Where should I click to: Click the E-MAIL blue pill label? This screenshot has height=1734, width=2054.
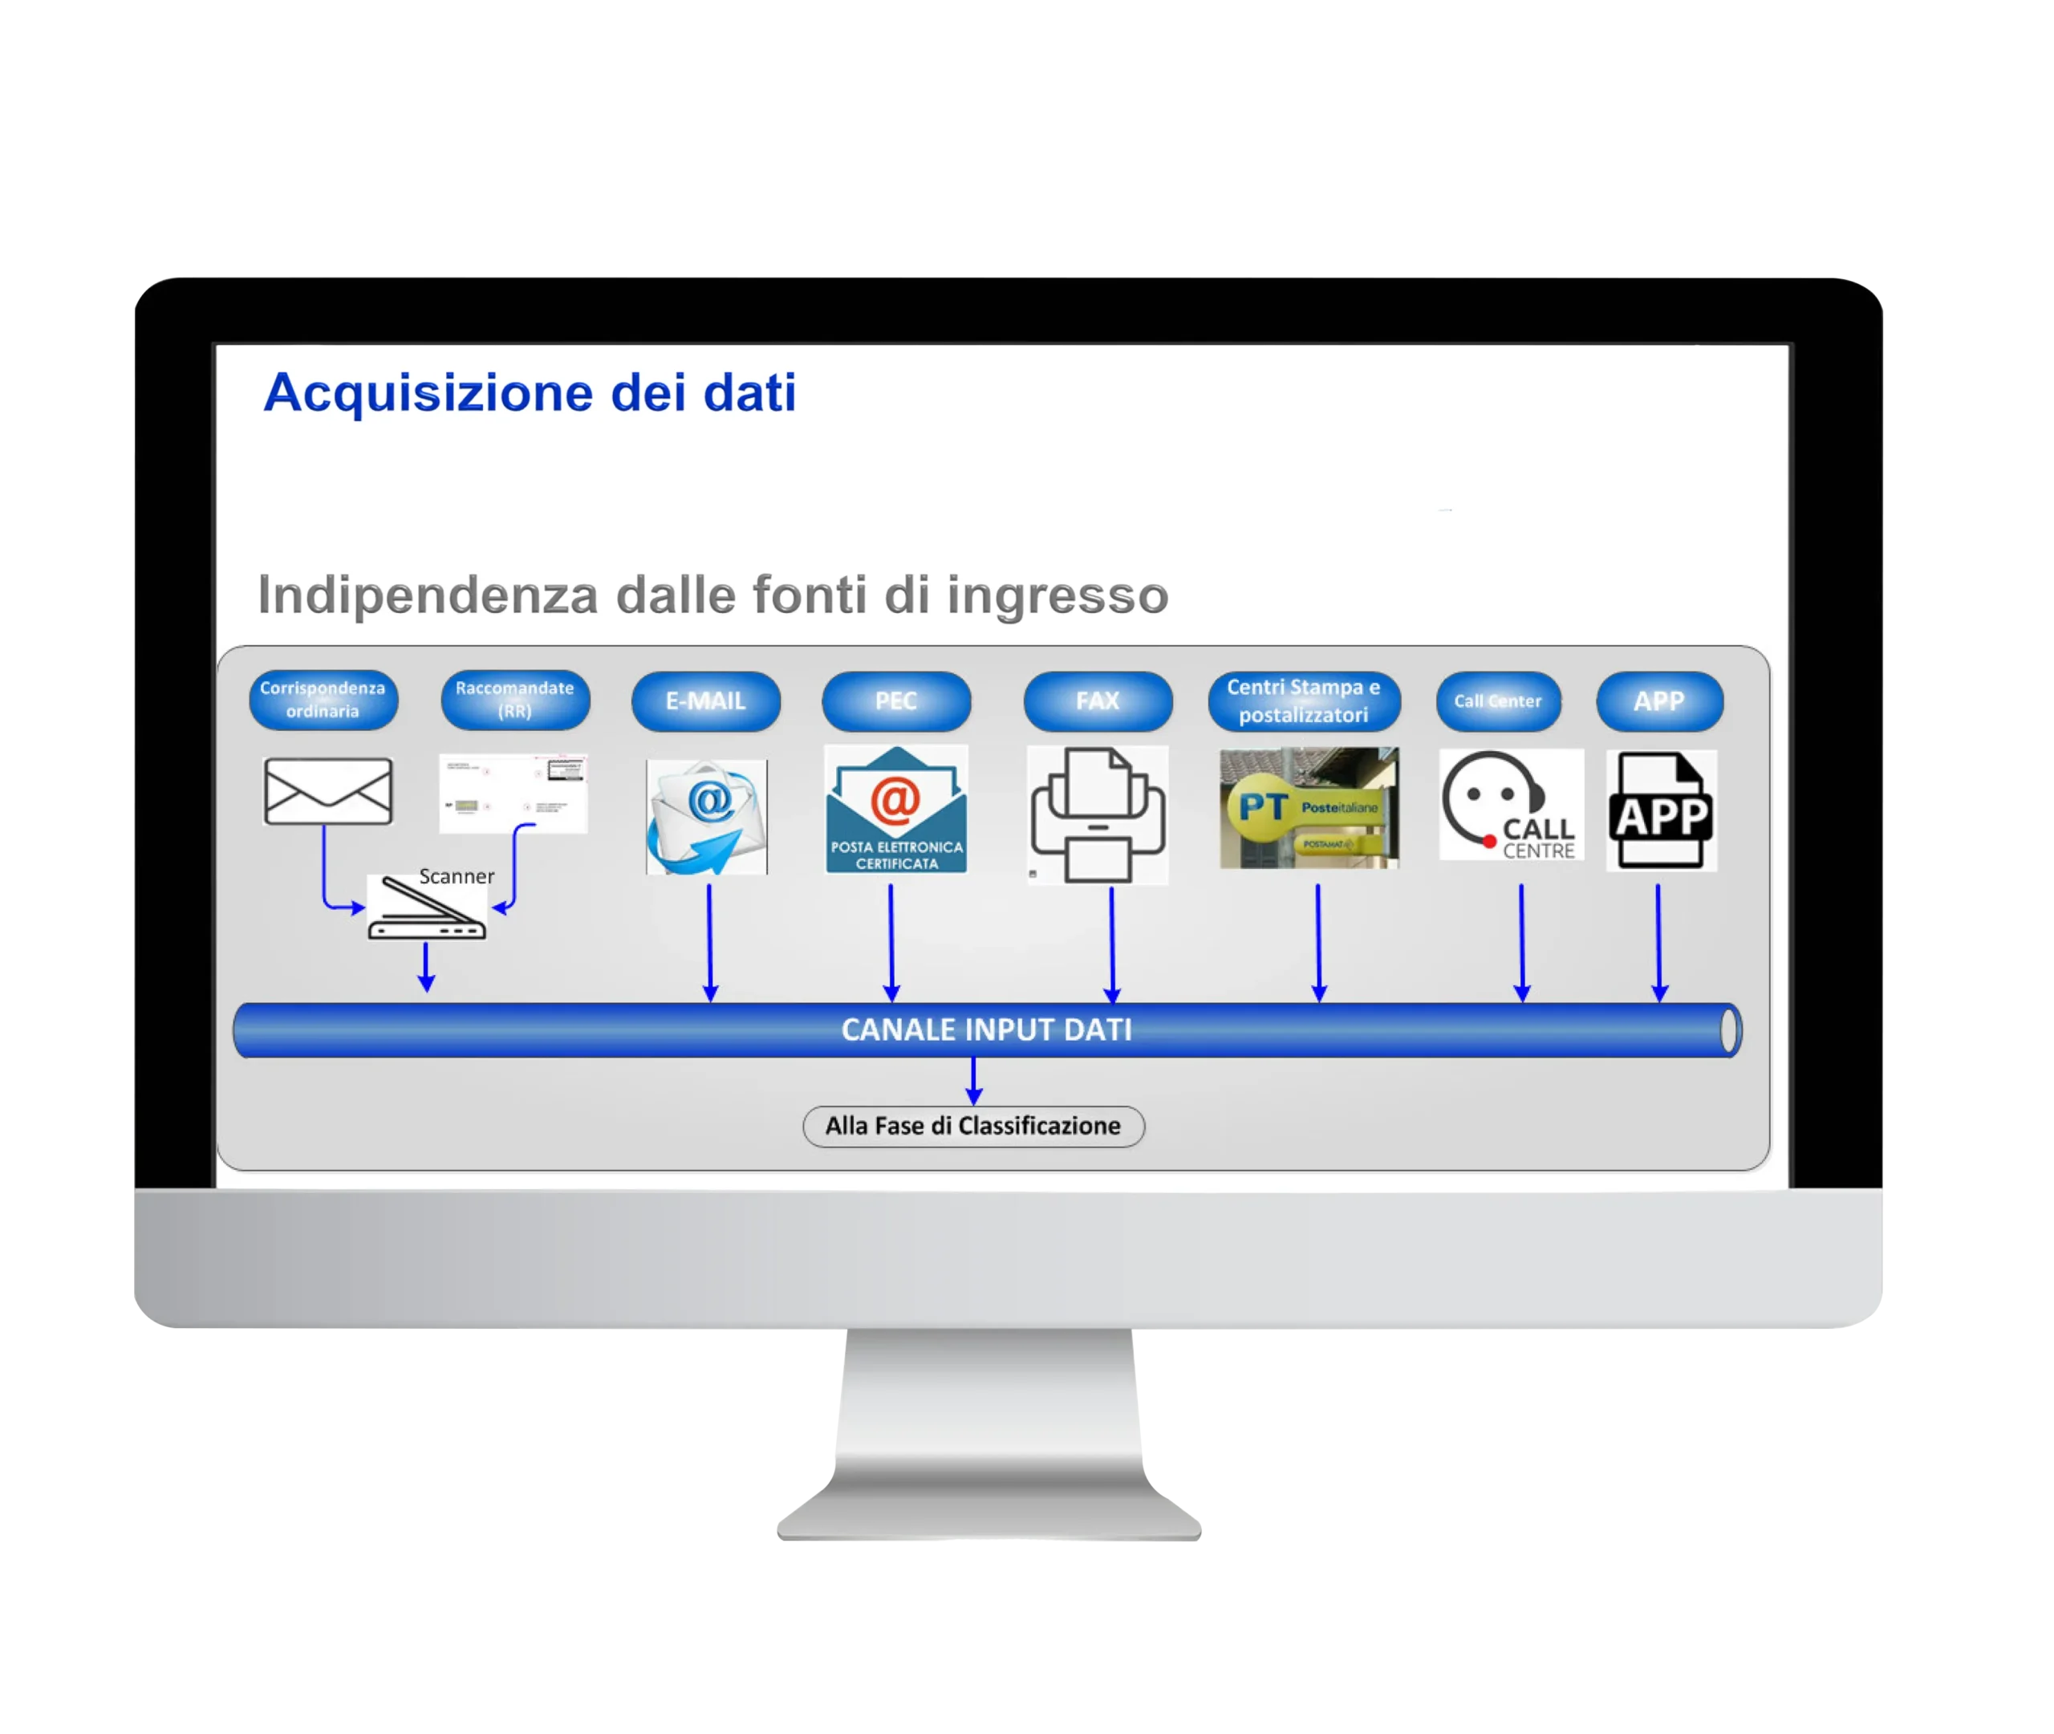pyautogui.click(x=705, y=701)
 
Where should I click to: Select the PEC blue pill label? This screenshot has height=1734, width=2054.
pyautogui.click(x=896, y=701)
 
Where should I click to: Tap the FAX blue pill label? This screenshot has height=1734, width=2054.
pyautogui.click(x=1098, y=701)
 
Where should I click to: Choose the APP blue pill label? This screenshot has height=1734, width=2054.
pyautogui.click(x=1659, y=701)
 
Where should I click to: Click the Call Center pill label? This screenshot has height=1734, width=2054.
pyautogui.click(x=1498, y=701)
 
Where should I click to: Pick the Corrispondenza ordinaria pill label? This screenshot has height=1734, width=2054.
pyautogui.click(x=323, y=700)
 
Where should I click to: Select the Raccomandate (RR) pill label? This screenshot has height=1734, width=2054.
pyautogui.click(x=515, y=699)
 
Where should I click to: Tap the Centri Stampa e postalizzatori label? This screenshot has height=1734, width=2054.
pyautogui.click(x=1304, y=701)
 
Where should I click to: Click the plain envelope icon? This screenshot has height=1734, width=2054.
pyautogui.click(x=328, y=790)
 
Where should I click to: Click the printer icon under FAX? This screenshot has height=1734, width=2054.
pyautogui.click(x=1098, y=814)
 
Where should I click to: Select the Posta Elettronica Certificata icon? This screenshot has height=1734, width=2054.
pyautogui.click(x=896, y=809)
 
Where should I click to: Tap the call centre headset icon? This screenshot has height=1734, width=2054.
pyautogui.click(x=1511, y=805)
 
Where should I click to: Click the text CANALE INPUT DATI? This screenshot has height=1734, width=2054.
pyautogui.click(x=987, y=1029)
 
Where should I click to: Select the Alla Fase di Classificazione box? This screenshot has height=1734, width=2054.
pyautogui.click(x=973, y=1126)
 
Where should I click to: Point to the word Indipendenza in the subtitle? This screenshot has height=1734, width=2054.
pyautogui.click(x=428, y=595)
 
